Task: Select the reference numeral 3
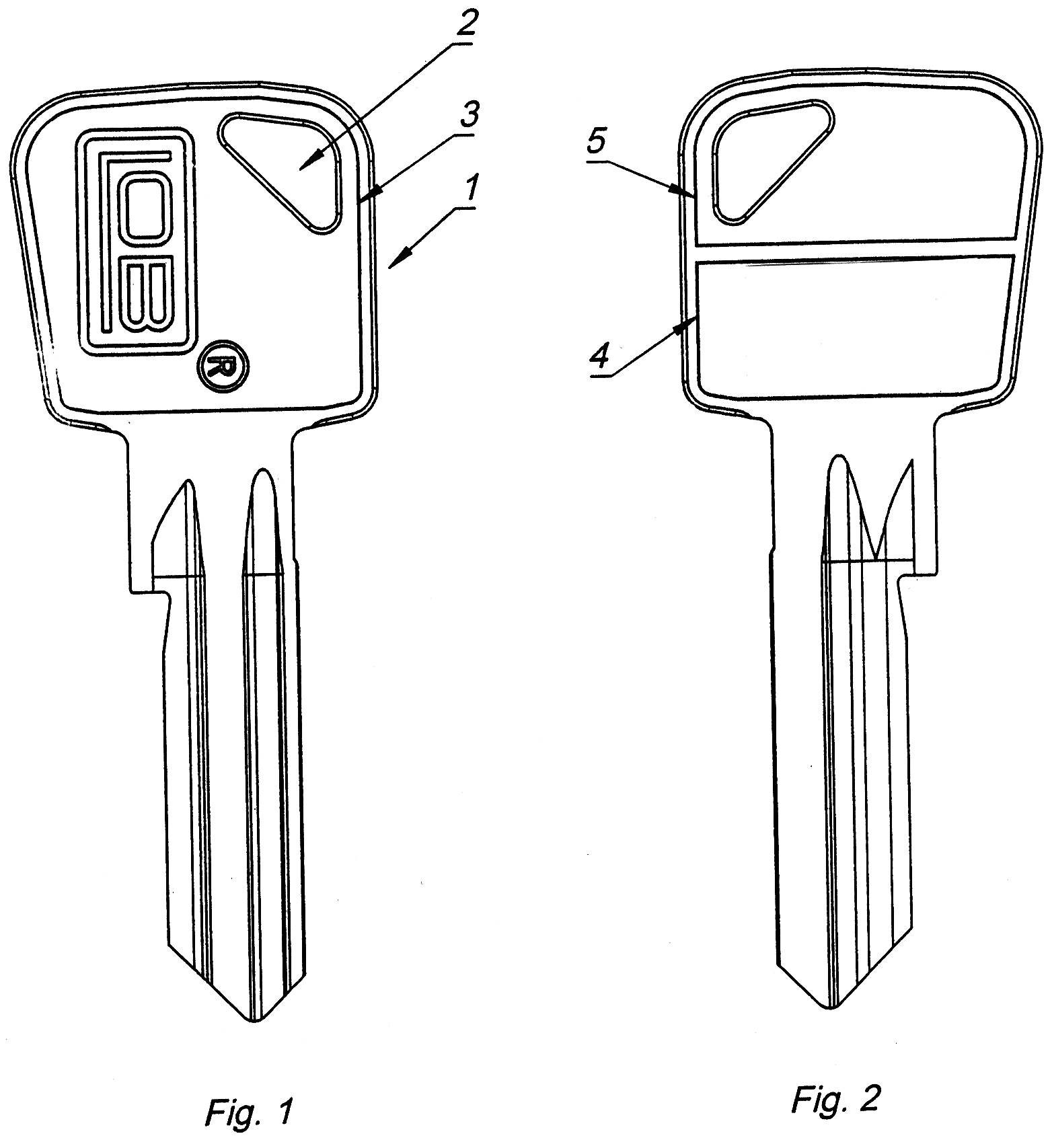click(x=468, y=115)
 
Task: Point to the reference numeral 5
click(x=597, y=142)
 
